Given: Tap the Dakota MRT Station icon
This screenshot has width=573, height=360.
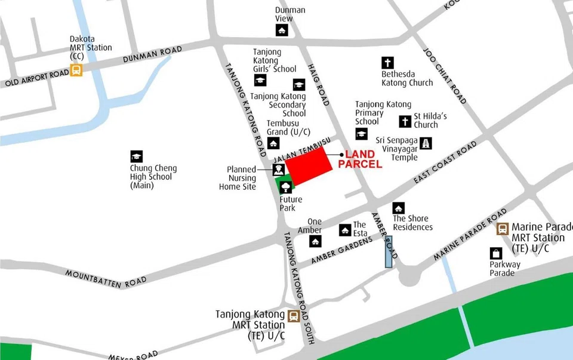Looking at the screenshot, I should (76, 70).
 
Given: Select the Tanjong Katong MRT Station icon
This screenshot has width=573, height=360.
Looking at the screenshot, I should (294, 316).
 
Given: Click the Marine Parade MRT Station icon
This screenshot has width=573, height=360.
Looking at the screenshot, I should (503, 228).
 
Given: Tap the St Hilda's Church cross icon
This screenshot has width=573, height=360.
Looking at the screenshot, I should (405, 122).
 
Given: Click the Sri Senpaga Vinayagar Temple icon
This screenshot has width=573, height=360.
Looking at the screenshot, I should (426, 143).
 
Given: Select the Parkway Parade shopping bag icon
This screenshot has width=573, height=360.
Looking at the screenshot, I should (496, 254).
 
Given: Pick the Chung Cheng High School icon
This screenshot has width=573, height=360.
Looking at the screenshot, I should (137, 156).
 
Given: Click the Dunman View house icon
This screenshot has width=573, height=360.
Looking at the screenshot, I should (282, 30).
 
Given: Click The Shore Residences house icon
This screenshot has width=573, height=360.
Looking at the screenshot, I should (398, 208).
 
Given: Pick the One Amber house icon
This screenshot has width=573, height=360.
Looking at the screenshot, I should (315, 241).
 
